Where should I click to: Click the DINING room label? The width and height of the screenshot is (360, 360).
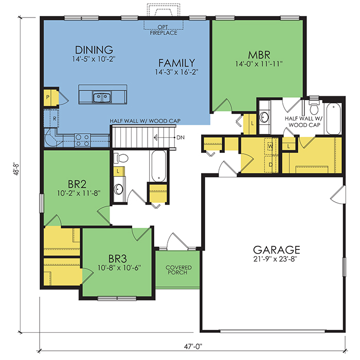click(x=94, y=50)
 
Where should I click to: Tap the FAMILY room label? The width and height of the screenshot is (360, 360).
click(x=176, y=63)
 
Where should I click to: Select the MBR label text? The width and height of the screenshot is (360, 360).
click(x=259, y=55)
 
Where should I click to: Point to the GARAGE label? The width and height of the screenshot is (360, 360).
click(x=277, y=249)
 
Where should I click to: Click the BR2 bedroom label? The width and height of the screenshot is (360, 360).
click(x=77, y=184)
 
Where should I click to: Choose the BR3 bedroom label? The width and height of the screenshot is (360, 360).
click(x=118, y=259)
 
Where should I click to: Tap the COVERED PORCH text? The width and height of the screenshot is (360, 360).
click(x=178, y=270)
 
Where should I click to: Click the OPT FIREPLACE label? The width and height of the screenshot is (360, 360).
click(x=164, y=30)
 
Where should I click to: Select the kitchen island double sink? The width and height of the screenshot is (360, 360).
click(x=102, y=97)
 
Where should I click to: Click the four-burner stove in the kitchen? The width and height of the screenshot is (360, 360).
click(x=82, y=140)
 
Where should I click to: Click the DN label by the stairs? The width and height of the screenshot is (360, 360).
click(x=181, y=137)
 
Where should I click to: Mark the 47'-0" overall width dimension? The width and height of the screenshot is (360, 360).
click(x=193, y=346)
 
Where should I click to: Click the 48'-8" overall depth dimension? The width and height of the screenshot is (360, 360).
click(x=16, y=169)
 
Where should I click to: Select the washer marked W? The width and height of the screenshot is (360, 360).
click(x=271, y=146)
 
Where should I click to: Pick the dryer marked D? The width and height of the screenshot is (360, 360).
click(x=271, y=164)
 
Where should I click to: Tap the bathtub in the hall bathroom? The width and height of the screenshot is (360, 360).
click(x=158, y=166)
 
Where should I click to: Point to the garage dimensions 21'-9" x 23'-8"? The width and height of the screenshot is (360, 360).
click(x=275, y=259)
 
